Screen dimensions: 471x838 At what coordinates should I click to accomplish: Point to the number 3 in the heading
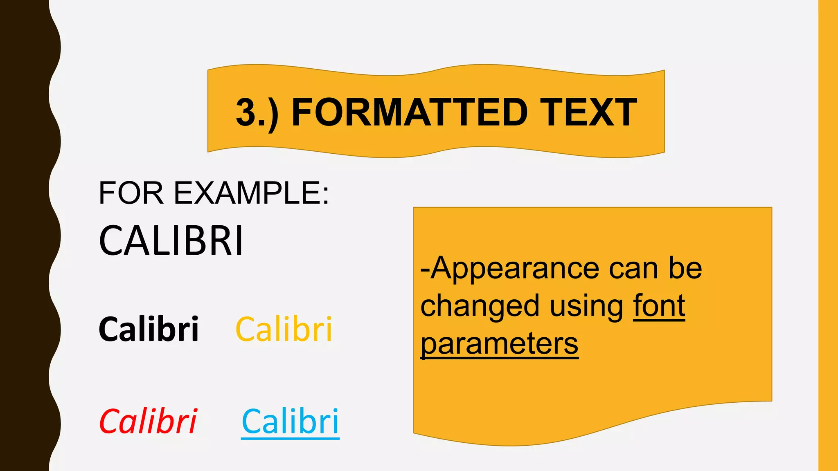coord(247,112)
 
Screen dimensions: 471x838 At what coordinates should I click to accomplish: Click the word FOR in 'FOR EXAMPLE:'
coord(131,193)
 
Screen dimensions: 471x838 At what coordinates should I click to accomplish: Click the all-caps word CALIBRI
coord(171,241)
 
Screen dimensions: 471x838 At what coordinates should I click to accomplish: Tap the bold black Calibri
coord(149,329)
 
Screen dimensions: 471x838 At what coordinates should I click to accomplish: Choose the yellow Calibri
coord(284,329)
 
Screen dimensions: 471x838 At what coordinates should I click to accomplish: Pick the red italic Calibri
coord(148,422)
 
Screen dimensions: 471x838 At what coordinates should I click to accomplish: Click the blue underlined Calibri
coord(290,422)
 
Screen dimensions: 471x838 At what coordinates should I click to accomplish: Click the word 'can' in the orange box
coord(633,269)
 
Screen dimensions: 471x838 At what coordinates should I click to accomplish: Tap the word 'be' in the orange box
coord(685,269)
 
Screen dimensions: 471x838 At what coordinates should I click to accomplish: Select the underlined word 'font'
coord(659,306)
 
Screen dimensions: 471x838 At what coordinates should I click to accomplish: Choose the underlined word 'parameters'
coord(500,344)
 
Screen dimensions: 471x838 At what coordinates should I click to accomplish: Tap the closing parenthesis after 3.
coord(273,114)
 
